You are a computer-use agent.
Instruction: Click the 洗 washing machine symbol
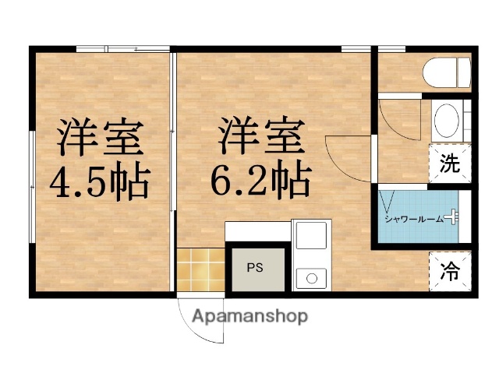(x=450, y=164)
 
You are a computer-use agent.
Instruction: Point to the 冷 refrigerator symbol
(x=451, y=273)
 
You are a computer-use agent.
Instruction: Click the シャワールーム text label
(x=414, y=220)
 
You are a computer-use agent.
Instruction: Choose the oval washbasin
(x=447, y=122)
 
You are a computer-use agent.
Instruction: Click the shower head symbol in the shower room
(x=452, y=219)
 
